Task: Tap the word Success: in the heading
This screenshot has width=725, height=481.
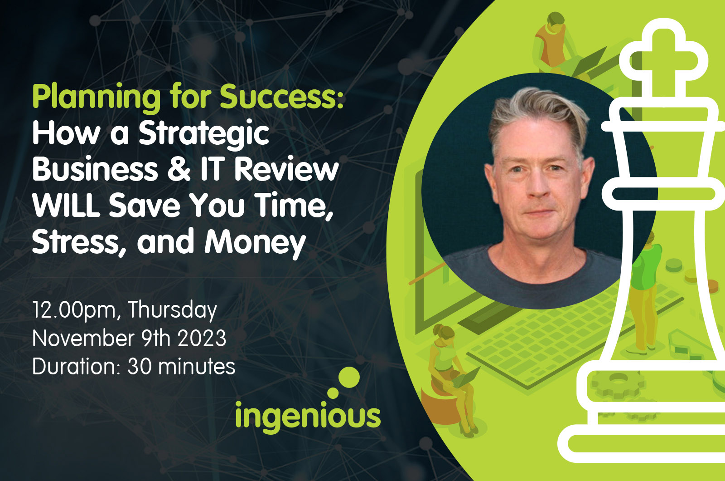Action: (281, 97)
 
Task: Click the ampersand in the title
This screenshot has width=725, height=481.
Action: (179, 169)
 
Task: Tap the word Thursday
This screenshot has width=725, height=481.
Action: (173, 310)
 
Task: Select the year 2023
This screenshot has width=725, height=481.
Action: (202, 339)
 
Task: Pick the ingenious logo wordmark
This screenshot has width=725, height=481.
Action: (308, 416)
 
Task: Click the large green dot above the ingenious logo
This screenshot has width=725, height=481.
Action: (349, 377)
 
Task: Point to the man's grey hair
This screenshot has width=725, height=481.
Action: (537, 113)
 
